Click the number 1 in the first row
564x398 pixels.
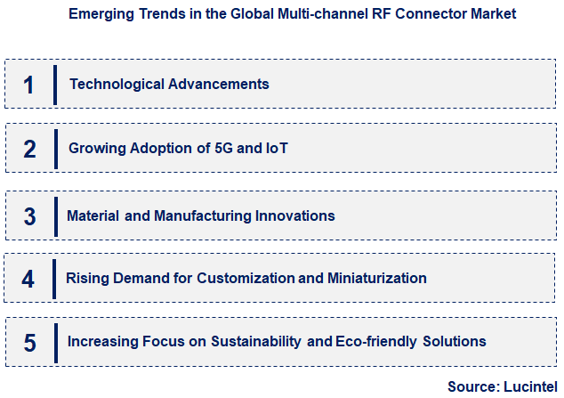(x=28, y=85)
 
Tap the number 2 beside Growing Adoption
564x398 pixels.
(x=29, y=150)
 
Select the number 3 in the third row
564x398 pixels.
(x=29, y=216)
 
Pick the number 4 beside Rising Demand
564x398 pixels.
(x=28, y=279)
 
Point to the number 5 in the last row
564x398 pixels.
(x=28, y=342)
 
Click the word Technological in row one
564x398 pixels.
(x=113, y=85)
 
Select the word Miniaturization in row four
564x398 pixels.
(x=376, y=279)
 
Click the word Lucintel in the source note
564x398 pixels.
(x=529, y=386)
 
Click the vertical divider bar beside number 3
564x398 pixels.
(x=55, y=216)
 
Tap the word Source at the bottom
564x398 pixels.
(x=472, y=386)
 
